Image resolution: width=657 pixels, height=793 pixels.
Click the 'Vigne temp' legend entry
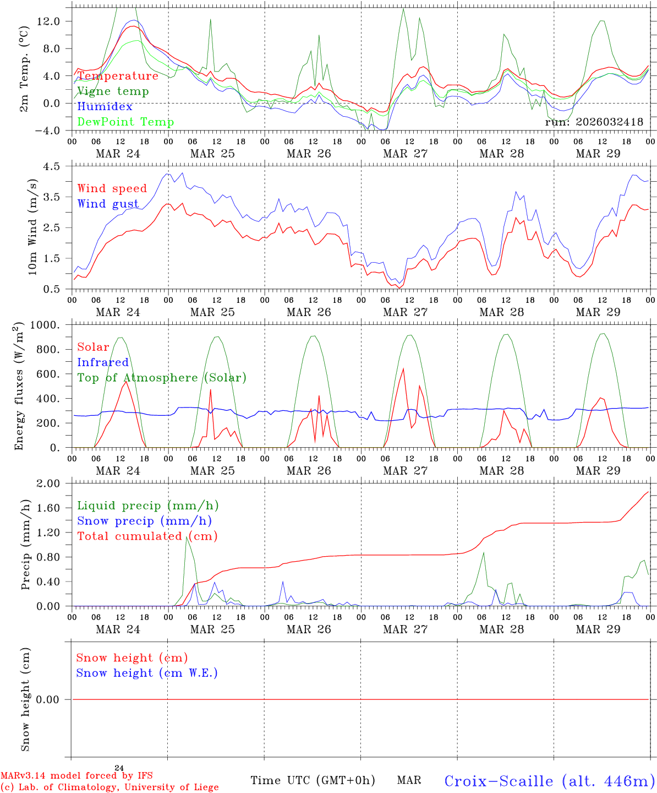113,91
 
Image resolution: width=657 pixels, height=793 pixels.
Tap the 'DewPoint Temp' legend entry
125,122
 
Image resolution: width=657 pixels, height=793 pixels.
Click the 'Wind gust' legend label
108,204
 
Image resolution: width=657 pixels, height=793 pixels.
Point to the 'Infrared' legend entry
103,362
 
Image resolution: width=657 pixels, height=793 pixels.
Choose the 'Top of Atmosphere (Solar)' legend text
162,378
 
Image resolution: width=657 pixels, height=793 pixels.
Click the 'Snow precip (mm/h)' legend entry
144,521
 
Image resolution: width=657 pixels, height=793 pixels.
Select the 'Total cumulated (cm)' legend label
147,536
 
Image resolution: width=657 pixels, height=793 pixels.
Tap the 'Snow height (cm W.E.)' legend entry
147,673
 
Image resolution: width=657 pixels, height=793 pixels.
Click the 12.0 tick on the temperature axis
49,21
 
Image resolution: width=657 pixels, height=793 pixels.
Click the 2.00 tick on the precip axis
49,484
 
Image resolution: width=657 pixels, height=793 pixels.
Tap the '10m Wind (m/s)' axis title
32,227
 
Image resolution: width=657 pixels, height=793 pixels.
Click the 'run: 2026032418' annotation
594,122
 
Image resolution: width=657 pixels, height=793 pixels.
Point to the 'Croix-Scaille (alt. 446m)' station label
549,781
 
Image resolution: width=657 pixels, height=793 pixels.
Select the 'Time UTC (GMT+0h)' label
313,780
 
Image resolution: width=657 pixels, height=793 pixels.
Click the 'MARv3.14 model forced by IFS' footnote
76,776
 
